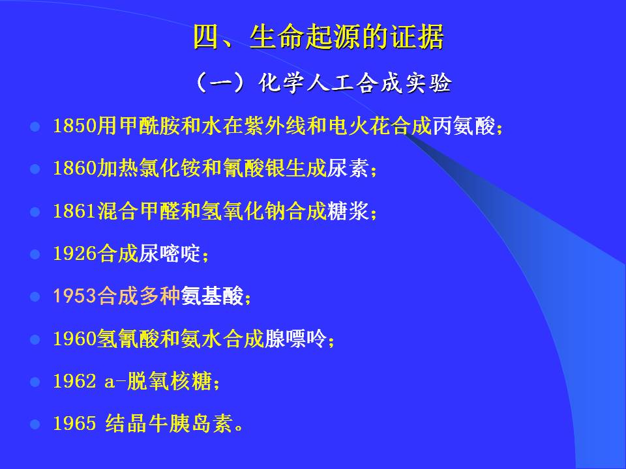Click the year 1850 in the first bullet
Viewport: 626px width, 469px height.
tap(75, 126)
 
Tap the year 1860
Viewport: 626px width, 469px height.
tap(75, 168)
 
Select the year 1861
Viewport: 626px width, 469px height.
tap(75, 210)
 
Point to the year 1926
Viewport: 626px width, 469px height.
tap(75, 253)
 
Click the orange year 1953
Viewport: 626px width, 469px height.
tap(75, 296)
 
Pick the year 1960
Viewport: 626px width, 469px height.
tap(75, 339)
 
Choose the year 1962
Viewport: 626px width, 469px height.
tap(75, 381)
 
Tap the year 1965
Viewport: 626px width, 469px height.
tap(75, 423)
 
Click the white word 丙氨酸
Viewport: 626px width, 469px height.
tap(464, 126)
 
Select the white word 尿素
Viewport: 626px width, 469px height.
tap(348, 168)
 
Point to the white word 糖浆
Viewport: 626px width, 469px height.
tap(348, 210)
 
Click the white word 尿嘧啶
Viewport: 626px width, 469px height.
tap(170, 253)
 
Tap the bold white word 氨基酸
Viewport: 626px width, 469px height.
tap(212, 296)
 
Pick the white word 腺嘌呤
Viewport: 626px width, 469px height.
tap(295, 339)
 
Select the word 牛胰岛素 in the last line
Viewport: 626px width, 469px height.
tap(191, 423)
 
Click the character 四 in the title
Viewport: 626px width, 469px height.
tap(207, 37)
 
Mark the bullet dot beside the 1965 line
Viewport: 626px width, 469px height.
tap(35, 424)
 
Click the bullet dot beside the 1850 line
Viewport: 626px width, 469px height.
tap(35, 127)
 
